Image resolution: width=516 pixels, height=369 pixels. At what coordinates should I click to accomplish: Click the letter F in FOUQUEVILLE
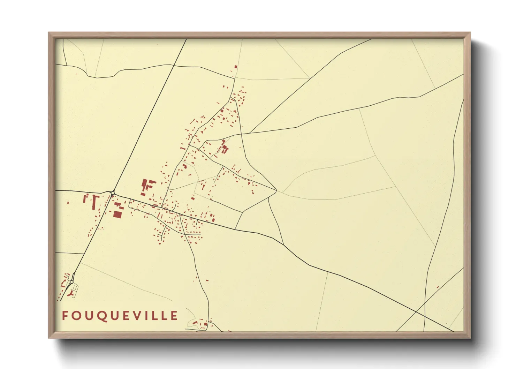coord(64,316)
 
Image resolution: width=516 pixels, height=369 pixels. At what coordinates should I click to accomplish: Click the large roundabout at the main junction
coord(113,193)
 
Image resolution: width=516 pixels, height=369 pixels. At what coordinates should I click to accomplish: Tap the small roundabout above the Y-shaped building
coord(71,282)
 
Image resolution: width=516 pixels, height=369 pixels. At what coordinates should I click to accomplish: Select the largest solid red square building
coord(117,214)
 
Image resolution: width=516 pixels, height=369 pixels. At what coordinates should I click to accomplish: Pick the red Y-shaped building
coord(73,294)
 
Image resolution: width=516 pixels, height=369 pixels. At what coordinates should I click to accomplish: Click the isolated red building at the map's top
coord(236,66)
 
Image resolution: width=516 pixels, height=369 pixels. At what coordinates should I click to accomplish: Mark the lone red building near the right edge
coord(438,287)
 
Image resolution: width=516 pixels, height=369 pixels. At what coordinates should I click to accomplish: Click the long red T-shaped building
coord(94,202)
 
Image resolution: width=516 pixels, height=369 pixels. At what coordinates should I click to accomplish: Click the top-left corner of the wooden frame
coord(48,32)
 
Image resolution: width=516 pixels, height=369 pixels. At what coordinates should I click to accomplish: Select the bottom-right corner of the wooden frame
coord(470,338)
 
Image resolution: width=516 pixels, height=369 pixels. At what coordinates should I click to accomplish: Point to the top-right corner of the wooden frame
coord(470,32)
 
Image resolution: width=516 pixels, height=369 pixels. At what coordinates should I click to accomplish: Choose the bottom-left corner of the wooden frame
coord(48,338)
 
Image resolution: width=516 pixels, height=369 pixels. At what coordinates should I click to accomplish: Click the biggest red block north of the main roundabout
coord(144,184)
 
